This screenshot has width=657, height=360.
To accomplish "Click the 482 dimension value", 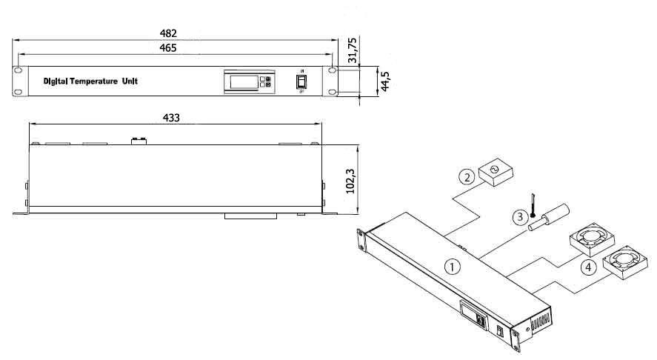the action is (x=168, y=33).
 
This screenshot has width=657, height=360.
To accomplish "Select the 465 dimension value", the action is (x=168, y=48).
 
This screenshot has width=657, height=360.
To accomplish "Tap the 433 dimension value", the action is (x=171, y=119).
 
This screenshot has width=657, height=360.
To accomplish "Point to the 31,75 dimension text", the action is (x=353, y=50).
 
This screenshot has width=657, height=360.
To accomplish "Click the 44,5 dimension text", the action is (x=385, y=81).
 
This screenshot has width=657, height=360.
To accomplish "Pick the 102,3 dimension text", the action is (x=350, y=181).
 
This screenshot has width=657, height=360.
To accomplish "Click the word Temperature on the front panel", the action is (x=94, y=81).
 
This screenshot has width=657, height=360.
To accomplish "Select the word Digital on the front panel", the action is (x=56, y=81).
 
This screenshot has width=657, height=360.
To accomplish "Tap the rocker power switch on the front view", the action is (x=301, y=81).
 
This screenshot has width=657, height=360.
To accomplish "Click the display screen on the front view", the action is (x=244, y=81).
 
